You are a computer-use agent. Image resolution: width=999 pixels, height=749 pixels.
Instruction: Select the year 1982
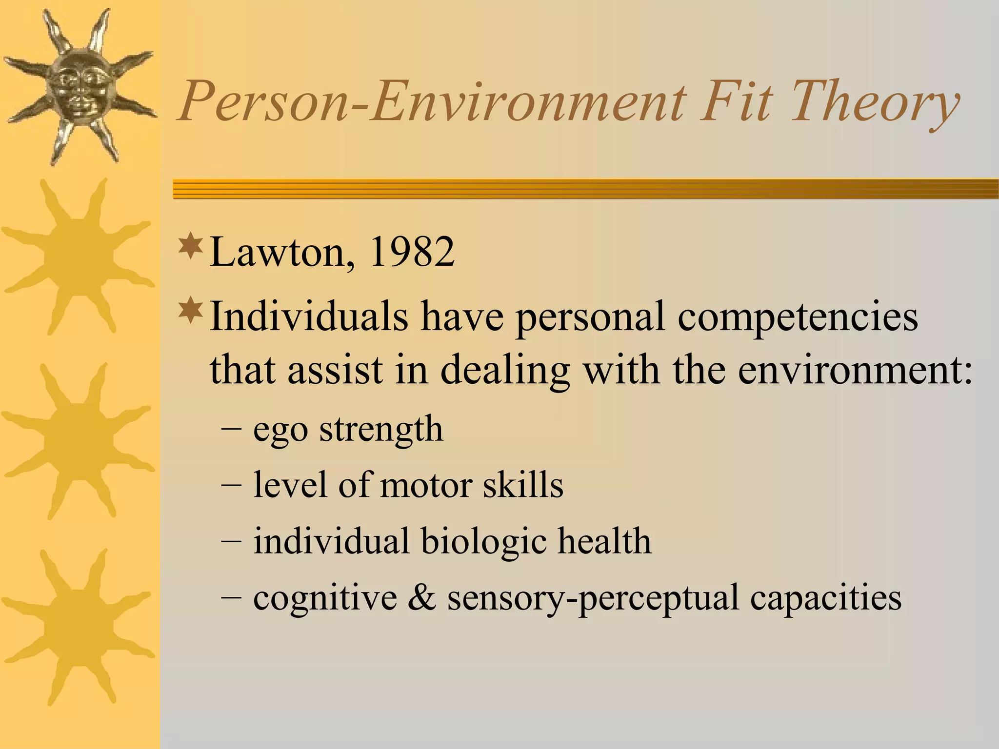click(x=412, y=253)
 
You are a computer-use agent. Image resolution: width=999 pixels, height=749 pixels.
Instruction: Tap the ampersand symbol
click(x=422, y=598)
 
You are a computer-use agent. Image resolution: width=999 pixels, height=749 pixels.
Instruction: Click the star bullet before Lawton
click(x=191, y=246)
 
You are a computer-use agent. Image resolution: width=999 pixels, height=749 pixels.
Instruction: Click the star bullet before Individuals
click(x=191, y=310)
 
